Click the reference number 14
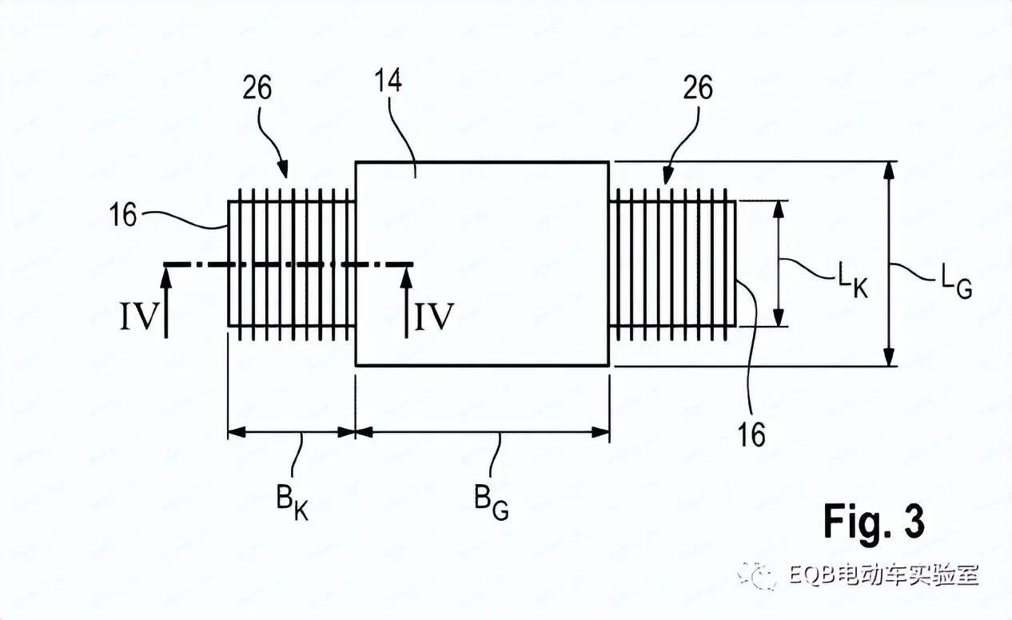(388, 81)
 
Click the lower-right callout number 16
(751, 435)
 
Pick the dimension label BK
(293, 502)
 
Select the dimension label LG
(956, 281)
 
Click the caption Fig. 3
(875, 521)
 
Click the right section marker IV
(434, 316)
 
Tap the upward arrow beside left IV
(166, 303)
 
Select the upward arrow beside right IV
(407, 303)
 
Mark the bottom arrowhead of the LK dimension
(778, 317)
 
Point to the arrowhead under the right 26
(667, 175)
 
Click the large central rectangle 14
(482, 264)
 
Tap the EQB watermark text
(883, 575)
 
